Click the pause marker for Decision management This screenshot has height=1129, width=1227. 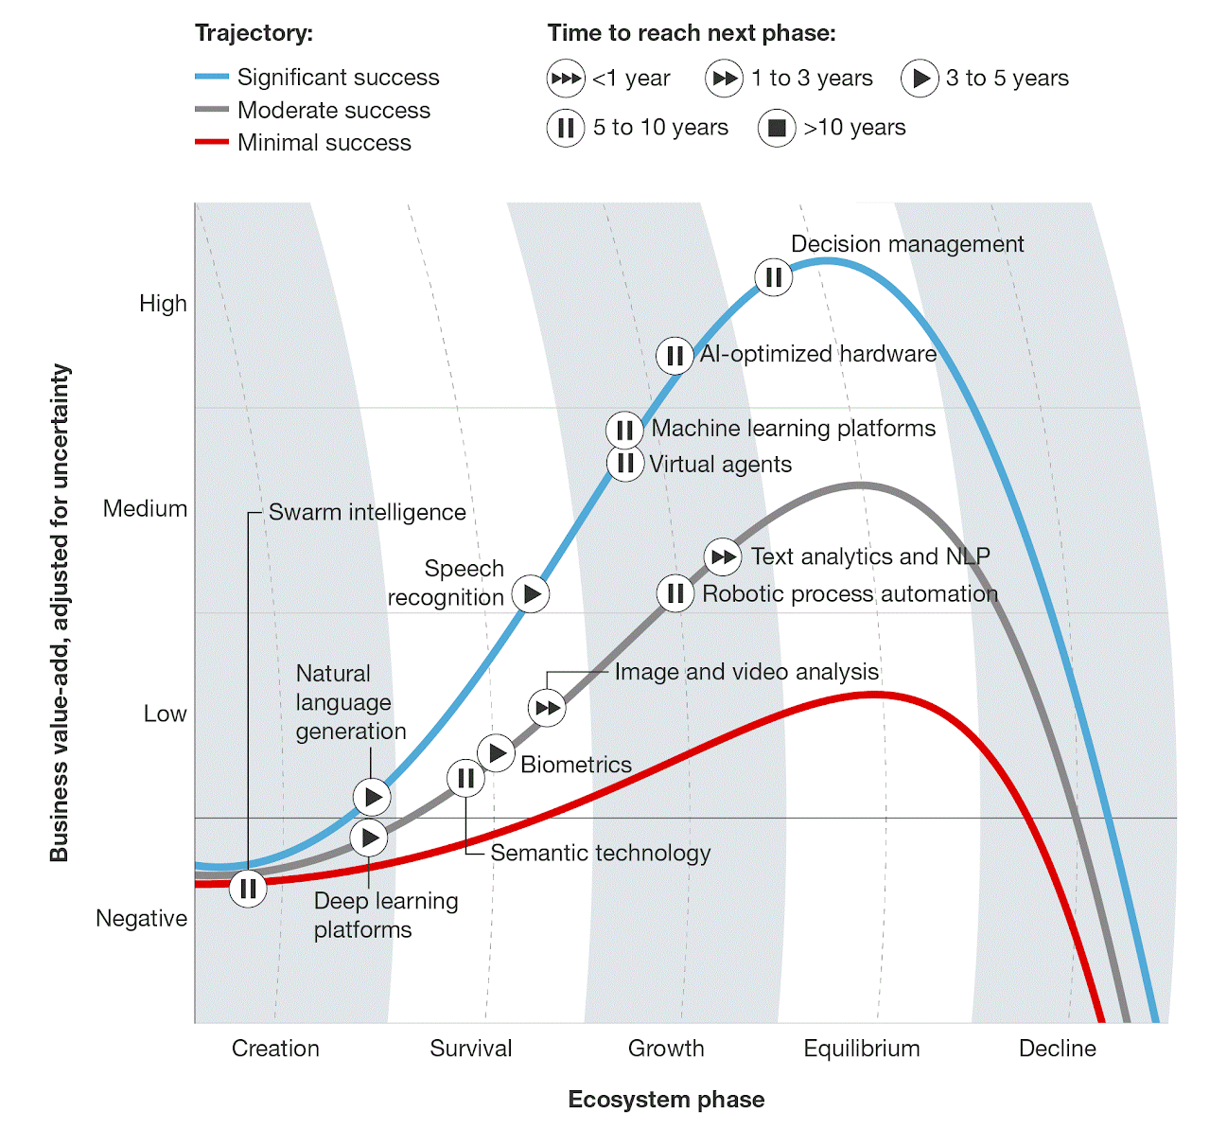click(x=774, y=277)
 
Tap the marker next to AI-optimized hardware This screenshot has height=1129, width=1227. click(x=675, y=356)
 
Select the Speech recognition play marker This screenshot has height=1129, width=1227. click(x=531, y=594)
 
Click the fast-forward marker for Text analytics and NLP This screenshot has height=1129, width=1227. click(x=724, y=556)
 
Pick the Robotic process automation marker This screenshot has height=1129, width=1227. click(x=675, y=593)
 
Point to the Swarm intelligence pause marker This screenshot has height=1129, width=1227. click(x=248, y=889)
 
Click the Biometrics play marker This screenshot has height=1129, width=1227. click(x=496, y=753)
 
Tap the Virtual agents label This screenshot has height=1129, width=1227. click(x=720, y=465)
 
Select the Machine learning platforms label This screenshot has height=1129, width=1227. click(x=793, y=429)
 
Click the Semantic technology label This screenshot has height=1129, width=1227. click(x=600, y=853)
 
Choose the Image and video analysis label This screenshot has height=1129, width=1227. click(x=746, y=672)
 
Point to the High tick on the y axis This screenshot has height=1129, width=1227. click(x=163, y=304)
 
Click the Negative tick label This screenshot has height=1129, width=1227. click(x=141, y=919)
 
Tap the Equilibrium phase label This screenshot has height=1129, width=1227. click(x=861, y=1049)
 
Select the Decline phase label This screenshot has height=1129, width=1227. click(x=1057, y=1049)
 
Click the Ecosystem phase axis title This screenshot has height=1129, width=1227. click(x=666, y=1100)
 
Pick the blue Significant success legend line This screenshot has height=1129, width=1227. click(x=212, y=77)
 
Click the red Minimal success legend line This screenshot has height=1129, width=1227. click(x=212, y=142)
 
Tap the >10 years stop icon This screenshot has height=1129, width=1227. click(x=777, y=128)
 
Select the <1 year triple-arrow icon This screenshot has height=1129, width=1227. click(x=566, y=79)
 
